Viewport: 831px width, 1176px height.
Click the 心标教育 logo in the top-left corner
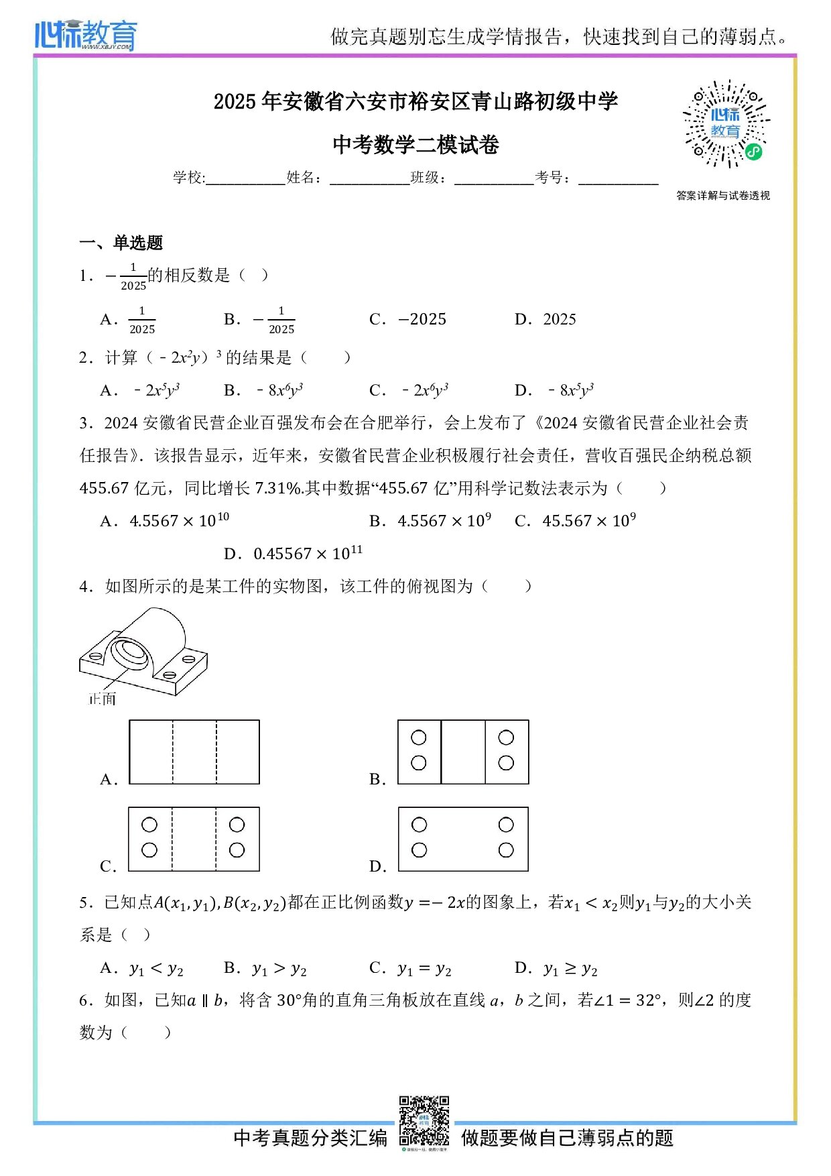[x=86, y=35]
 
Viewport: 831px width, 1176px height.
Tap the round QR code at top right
[x=726, y=125]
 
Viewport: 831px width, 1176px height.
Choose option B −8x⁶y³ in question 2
[x=279, y=390]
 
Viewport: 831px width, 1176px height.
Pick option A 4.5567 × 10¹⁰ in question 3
[x=178, y=521]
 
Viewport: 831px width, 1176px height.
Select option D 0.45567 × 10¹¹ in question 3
[x=307, y=554]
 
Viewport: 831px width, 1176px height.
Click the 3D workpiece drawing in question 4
[x=143, y=651]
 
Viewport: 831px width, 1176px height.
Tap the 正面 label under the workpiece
[x=103, y=699]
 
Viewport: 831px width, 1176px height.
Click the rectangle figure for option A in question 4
[x=194, y=752]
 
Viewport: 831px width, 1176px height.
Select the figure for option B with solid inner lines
[x=463, y=752]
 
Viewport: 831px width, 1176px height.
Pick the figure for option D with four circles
[x=463, y=839]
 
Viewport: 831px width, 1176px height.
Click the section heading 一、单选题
[x=121, y=243]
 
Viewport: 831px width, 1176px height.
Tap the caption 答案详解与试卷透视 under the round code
[x=723, y=196]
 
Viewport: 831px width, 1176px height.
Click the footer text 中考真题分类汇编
[x=310, y=1138]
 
